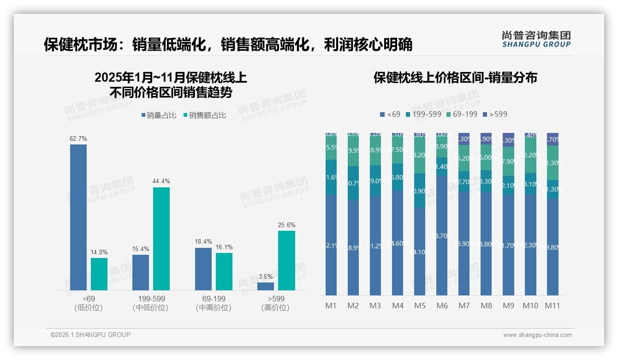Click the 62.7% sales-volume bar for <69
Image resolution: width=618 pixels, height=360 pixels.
click(78, 217)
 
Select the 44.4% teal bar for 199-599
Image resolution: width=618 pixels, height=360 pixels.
click(161, 238)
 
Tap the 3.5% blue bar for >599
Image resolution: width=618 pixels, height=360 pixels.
click(266, 286)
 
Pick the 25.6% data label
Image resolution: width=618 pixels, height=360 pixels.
click(287, 225)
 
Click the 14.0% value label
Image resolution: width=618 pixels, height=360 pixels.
click(99, 252)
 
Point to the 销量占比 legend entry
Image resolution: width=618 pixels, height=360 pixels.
click(159, 115)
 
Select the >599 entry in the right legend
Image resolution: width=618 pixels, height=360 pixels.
click(495, 114)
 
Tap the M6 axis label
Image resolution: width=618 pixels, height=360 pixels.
click(442, 306)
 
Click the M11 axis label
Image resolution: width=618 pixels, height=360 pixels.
click(553, 306)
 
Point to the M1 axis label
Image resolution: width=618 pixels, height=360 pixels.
click(331, 306)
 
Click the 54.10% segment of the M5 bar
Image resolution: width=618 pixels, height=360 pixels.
click(420, 252)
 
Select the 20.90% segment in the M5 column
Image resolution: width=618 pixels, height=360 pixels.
click(420, 191)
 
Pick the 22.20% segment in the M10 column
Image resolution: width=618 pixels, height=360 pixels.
click(530, 156)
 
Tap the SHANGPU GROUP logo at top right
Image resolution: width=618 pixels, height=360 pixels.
click(536, 39)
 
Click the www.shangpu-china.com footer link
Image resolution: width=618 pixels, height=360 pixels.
click(537, 335)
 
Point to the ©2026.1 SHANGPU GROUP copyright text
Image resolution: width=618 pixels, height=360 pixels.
click(90, 335)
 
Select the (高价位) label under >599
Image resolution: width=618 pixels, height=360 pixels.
click(275, 308)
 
